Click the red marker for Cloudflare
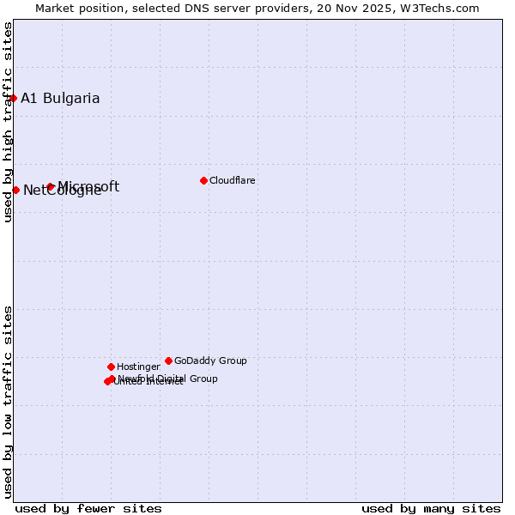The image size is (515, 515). click(203, 180)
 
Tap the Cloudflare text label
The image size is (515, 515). click(233, 180)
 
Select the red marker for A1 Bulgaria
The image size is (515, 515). click(13, 98)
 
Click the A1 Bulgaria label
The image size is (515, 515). click(60, 98)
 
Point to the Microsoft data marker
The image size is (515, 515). click(51, 186)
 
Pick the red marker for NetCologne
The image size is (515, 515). click(15, 190)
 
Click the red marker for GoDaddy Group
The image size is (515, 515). click(168, 360)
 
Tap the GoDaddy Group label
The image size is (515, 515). click(210, 360)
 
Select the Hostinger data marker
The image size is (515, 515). click(111, 367)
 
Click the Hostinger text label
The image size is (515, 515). click(138, 367)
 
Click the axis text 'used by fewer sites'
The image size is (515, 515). click(88, 508)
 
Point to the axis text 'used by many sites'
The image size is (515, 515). click(431, 508)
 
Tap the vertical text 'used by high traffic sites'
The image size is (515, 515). click(8, 122)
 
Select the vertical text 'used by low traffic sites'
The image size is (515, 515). click(8, 401)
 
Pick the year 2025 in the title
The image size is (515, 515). click(385, 9)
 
